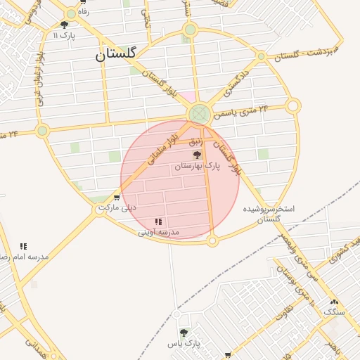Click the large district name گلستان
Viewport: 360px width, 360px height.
point(119,53)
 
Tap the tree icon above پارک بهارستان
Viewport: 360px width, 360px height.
point(197,154)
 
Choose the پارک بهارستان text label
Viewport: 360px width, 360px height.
point(197,166)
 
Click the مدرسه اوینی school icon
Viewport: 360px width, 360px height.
point(157,221)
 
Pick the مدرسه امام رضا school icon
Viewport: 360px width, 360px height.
point(23,246)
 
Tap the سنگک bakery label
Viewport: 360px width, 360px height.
point(333,311)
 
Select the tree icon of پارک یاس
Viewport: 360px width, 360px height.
point(184,333)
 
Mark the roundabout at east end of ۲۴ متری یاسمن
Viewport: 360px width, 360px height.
point(293,106)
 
